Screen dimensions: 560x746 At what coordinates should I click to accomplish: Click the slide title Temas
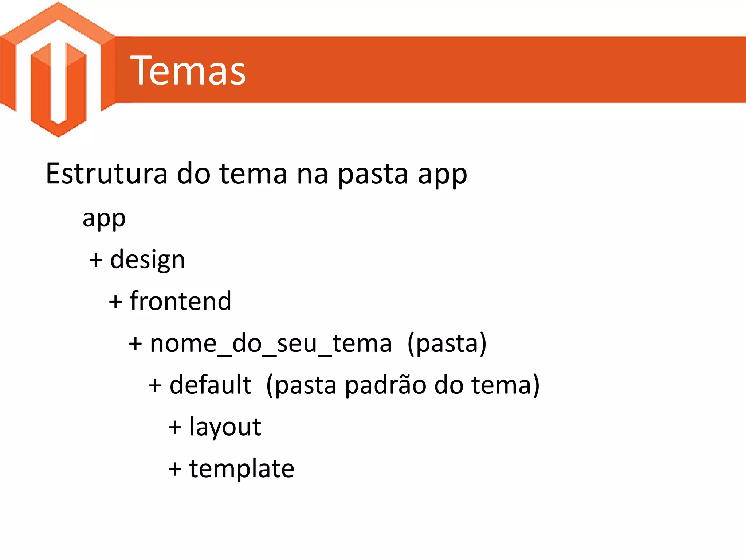(x=188, y=71)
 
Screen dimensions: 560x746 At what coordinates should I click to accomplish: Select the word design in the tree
(x=148, y=260)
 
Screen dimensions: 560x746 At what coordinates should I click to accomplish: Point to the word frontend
(x=181, y=301)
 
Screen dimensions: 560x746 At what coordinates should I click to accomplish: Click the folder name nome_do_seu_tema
(x=271, y=343)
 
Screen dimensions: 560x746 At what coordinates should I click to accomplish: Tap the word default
(x=211, y=385)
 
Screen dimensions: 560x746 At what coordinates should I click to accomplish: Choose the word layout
(x=225, y=427)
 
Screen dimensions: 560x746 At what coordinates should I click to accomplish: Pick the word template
(x=242, y=468)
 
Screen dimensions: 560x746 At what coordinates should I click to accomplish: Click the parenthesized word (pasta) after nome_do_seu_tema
(x=447, y=343)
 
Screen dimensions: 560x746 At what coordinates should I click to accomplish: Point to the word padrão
(x=385, y=385)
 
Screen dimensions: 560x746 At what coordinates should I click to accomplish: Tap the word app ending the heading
(x=442, y=174)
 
